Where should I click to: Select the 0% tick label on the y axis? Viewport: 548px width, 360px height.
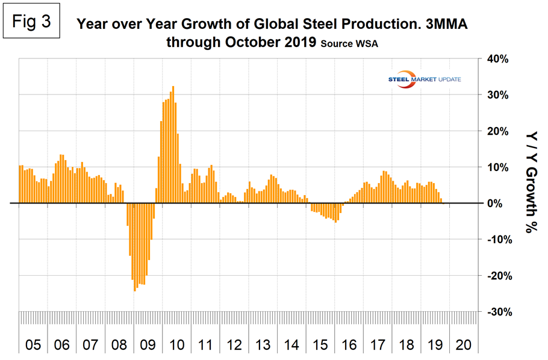(x=497, y=203)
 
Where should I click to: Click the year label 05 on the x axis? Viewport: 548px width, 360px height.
(x=33, y=346)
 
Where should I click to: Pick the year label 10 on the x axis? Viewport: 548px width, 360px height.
(x=177, y=346)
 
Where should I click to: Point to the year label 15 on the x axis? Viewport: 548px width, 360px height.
(x=321, y=346)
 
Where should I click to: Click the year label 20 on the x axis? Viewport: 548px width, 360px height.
(x=464, y=346)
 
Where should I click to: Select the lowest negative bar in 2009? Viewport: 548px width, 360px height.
(x=135, y=247)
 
